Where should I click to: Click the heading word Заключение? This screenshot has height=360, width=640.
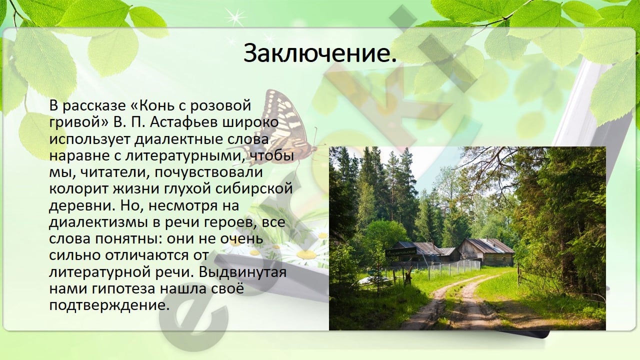tap(320, 53)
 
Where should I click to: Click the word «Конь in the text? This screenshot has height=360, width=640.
tap(156, 105)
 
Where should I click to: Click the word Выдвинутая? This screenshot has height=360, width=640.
tap(242, 272)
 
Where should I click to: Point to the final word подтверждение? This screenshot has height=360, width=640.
tap(107, 305)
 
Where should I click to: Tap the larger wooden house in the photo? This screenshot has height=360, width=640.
tap(485, 251)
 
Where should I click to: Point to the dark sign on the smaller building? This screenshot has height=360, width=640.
tap(400, 252)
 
